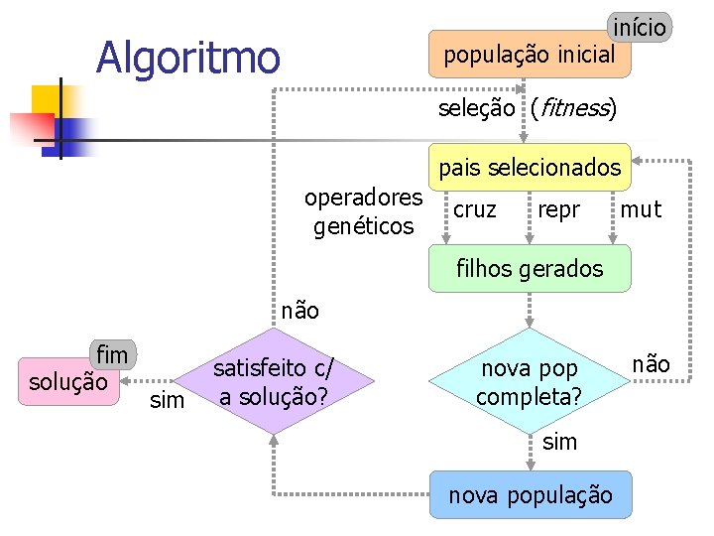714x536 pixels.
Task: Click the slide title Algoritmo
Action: pos(188,57)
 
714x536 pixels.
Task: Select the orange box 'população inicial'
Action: pos(529,55)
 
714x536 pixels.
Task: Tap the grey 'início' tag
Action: pos(640,26)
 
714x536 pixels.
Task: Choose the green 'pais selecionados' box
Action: pos(529,168)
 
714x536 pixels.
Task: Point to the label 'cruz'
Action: pos(475,209)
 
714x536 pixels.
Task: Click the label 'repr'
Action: pos(558,209)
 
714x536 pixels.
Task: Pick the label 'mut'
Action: pos(640,209)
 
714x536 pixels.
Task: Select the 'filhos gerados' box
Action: pos(529,268)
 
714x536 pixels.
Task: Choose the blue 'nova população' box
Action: pos(531,494)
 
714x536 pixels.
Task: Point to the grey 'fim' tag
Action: pos(112,354)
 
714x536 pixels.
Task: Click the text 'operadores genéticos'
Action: pos(363,211)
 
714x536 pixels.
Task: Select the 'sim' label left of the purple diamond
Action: pos(166,401)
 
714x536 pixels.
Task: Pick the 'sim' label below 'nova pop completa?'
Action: pos(559,442)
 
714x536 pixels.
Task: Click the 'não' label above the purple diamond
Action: pos(300,311)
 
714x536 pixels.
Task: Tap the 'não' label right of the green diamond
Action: pos(651,364)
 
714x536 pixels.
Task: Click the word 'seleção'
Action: pos(477,108)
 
